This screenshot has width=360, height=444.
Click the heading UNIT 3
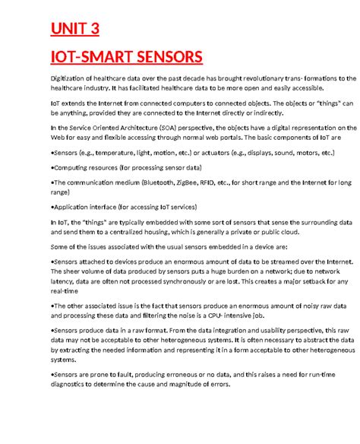(x=74, y=30)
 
